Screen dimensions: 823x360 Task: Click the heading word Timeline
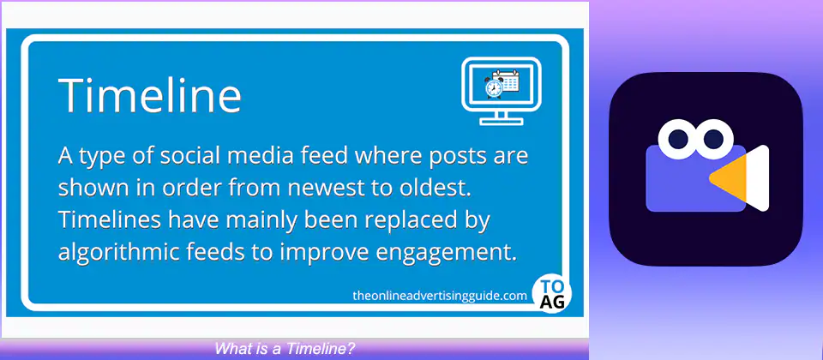149,94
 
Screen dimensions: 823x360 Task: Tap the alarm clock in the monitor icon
494,87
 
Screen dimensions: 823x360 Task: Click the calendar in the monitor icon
507,81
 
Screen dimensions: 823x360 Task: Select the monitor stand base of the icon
502,121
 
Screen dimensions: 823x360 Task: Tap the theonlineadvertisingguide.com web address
440,296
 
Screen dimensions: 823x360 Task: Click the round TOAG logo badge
551,294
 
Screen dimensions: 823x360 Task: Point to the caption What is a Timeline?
285,348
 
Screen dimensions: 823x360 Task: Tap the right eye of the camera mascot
713,139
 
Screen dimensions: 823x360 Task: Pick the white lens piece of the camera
757,178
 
